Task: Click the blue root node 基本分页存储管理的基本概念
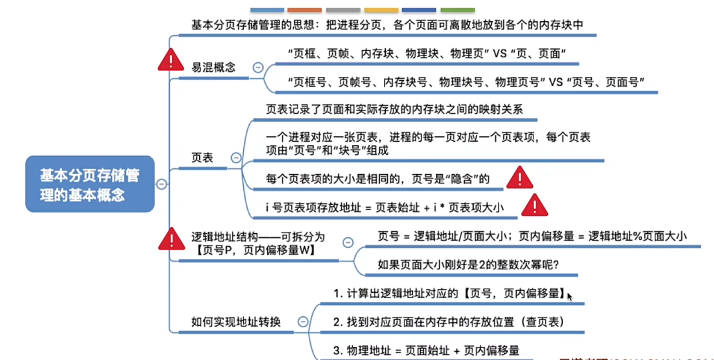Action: click(x=90, y=184)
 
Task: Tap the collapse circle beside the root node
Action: click(x=162, y=184)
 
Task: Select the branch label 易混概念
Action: click(x=213, y=67)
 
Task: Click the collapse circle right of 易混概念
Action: click(x=258, y=67)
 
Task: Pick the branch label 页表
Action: click(x=202, y=158)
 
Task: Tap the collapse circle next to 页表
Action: click(x=236, y=158)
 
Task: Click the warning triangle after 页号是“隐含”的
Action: click(x=519, y=179)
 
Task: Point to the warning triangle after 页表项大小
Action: click(x=534, y=206)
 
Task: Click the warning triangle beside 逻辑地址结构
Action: click(x=171, y=240)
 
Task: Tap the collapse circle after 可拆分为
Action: click(x=348, y=242)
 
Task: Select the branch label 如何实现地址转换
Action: click(x=236, y=322)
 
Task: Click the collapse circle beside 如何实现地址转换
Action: click(x=303, y=322)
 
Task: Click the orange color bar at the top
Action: click(x=304, y=10)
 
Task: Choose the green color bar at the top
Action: click(x=457, y=10)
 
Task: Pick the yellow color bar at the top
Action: click(x=381, y=10)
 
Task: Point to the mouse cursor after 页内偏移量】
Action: click(x=569, y=296)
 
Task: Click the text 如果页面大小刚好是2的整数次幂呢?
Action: click(x=468, y=265)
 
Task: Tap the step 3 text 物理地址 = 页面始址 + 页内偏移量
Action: click(x=426, y=350)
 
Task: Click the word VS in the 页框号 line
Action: click(x=556, y=82)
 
